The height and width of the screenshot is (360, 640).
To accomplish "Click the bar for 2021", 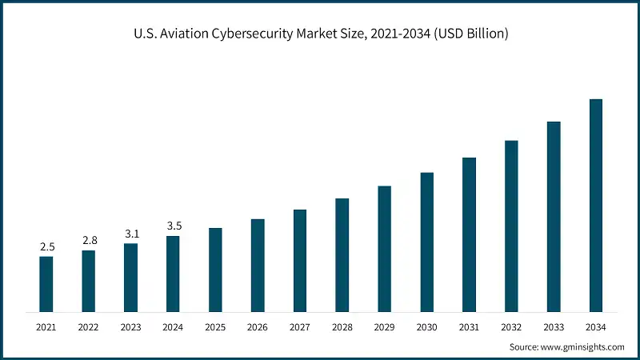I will click(46, 283).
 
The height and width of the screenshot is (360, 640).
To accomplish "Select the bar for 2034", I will click(596, 205).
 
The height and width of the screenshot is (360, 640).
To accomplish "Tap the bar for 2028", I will click(342, 254).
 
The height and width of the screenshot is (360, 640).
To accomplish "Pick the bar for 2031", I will click(469, 234).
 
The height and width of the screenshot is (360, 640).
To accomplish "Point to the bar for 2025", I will click(215, 269).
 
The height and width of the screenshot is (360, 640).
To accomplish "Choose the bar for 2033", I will click(554, 216).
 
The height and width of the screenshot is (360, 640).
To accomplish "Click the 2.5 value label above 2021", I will click(46, 246).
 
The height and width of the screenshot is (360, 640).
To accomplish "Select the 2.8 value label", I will click(89, 241).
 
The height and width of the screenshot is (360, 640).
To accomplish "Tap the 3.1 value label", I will click(131, 234).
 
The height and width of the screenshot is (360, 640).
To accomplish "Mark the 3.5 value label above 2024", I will click(173, 226).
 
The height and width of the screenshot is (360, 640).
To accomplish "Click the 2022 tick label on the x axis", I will click(89, 327).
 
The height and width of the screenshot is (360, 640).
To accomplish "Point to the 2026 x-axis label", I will click(258, 327).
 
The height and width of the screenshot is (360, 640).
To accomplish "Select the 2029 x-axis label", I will click(385, 327).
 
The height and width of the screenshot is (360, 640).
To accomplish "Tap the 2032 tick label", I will click(511, 327).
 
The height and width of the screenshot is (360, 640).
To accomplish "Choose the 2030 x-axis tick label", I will click(427, 327).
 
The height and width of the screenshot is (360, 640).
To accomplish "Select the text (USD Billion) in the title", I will click(466, 34).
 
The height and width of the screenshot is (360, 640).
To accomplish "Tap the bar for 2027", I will click(300, 260).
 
